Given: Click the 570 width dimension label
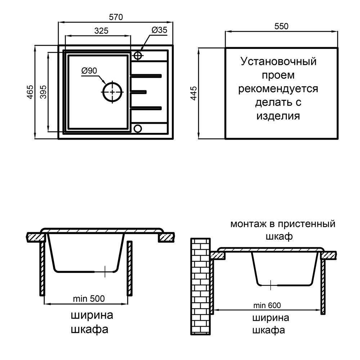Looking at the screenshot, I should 116,17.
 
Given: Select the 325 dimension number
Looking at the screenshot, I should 102,31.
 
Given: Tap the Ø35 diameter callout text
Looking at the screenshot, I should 159,31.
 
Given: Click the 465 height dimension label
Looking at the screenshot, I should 30,92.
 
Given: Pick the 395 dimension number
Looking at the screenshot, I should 43,92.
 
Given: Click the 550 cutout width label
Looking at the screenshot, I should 281,26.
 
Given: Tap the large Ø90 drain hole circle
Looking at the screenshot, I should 113,92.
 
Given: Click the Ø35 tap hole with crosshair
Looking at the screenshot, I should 138,55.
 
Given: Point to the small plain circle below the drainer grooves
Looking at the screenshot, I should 138,129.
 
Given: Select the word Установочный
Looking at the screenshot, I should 278,61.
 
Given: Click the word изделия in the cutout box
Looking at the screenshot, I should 278,116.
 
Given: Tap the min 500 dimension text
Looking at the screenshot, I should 89,298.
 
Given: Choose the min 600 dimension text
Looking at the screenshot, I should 266,306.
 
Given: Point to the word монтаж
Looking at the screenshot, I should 249,224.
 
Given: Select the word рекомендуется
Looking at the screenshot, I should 278,89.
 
